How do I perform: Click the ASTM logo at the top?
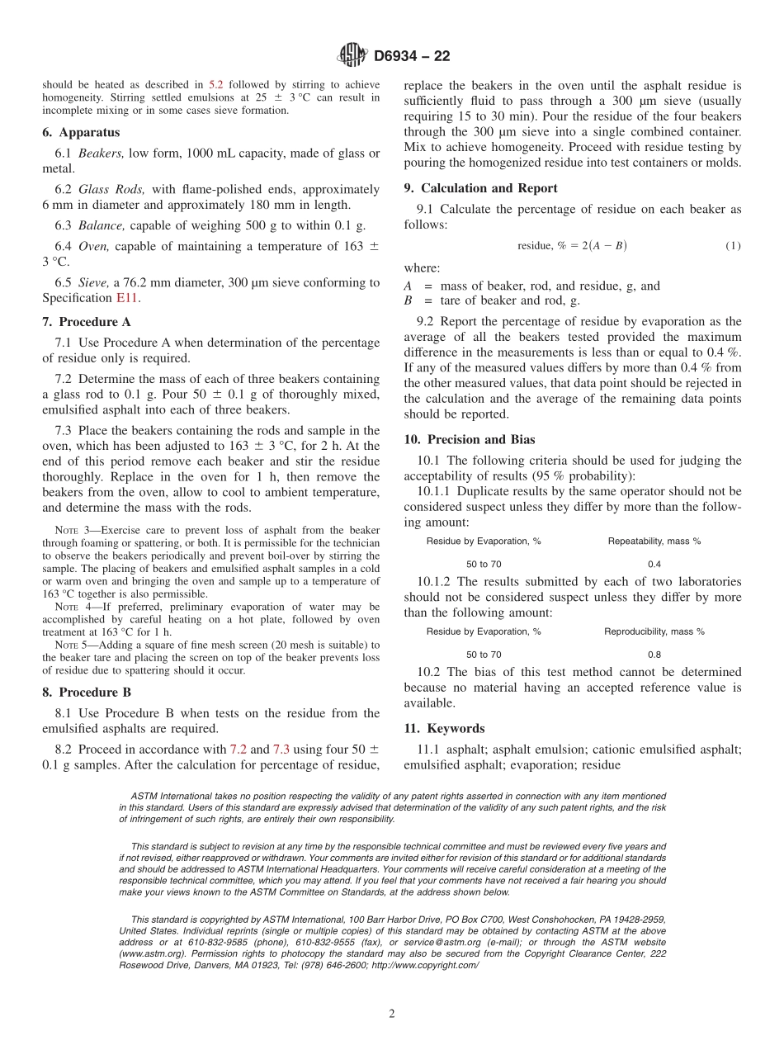click(x=352, y=56)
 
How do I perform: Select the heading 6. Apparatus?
click(x=81, y=132)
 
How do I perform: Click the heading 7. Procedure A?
click(x=86, y=322)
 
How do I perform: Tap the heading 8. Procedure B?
click(x=86, y=693)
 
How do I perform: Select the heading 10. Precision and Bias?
click(x=469, y=440)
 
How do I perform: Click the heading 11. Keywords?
click(x=444, y=729)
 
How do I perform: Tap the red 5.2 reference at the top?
click(x=215, y=84)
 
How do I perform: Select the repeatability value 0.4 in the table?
click(x=654, y=564)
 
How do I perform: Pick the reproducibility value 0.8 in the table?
click(x=654, y=655)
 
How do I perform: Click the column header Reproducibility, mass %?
click(x=654, y=631)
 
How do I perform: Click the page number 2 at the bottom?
click(x=392, y=1015)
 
